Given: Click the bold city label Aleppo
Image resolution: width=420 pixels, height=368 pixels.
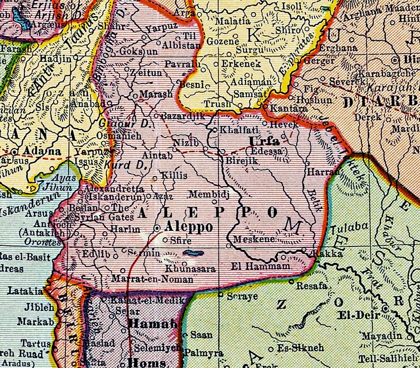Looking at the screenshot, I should pos(189,227).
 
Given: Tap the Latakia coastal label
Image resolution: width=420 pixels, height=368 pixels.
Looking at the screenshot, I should pos(25,291).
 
